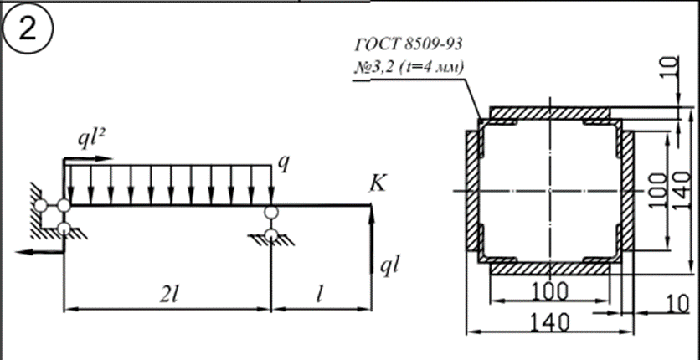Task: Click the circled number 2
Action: coord(28,30)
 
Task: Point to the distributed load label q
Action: coord(283,164)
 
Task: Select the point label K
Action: coord(378,183)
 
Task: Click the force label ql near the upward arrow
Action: coord(389,267)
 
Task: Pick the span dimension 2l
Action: coord(169,296)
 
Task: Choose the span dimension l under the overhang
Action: coord(319,296)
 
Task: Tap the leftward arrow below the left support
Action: coord(40,252)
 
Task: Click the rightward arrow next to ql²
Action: coord(88,158)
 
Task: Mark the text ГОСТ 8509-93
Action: coord(409,44)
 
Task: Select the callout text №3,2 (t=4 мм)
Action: coord(409,68)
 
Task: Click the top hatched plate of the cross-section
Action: coord(549,113)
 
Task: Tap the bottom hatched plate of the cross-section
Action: coord(549,269)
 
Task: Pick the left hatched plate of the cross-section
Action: coord(472,191)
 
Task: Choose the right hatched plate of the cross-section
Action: coord(627,191)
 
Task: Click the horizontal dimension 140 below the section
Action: coord(549,322)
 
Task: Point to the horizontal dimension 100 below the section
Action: coord(550,291)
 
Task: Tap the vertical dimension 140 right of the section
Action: coord(682,191)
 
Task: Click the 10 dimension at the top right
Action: coord(670,69)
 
